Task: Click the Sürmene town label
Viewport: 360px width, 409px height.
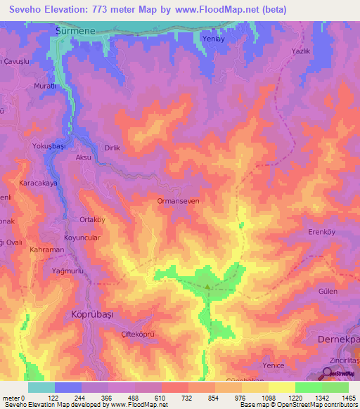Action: pos(75,32)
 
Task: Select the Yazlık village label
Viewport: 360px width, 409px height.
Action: pos(301,51)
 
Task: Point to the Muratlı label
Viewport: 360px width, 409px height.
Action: pos(44,86)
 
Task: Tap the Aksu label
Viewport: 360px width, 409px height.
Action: pos(84,158)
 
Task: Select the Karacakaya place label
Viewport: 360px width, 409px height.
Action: pos(39,180)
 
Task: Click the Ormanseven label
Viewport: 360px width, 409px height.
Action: pos(181,201)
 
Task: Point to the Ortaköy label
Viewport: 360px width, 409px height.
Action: pos(92,219)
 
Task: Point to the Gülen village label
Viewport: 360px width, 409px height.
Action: pos(328,291)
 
